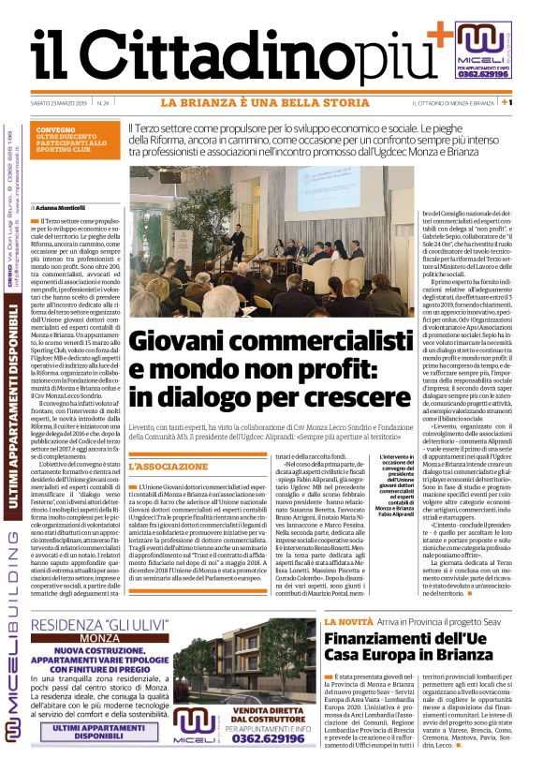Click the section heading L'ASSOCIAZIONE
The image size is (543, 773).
168,466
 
